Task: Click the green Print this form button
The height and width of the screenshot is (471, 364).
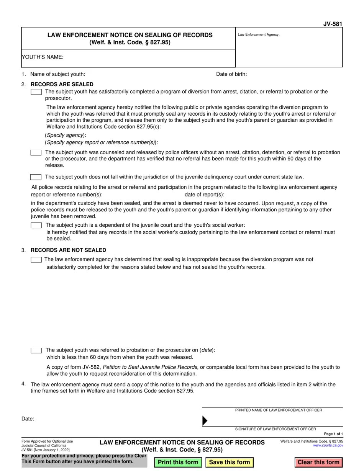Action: click(178, 462)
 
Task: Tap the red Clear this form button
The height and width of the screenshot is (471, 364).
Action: click(318, 462)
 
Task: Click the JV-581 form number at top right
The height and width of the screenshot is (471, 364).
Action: click(333, 24)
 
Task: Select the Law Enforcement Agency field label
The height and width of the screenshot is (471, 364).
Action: click(259, 34)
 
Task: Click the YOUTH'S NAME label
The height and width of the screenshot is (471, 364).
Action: click(43, 57)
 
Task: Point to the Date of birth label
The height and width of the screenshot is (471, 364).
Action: click(231, 74)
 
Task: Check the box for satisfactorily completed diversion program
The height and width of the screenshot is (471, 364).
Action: click(36, 92)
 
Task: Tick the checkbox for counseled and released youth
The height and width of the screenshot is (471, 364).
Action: click(36, 152)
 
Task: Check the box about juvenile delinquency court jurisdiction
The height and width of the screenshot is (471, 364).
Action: click(36, 177)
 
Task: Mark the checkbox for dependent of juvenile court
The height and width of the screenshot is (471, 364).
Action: click(36, 225)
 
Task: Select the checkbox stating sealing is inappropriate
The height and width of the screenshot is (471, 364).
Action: click(36, 260)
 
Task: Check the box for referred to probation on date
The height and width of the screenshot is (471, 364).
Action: click(36, 350)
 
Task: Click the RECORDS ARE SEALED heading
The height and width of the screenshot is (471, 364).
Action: click(62, 84)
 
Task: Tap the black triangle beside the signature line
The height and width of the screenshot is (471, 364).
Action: click(205, 421)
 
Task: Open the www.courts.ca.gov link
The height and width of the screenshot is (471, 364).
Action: click(328, 446)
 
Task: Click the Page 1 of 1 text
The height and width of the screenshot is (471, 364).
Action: click(333, 434)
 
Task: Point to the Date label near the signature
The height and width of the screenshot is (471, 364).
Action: click(28, 419)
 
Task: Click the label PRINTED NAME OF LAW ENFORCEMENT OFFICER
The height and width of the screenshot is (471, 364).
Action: click(279, 410)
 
